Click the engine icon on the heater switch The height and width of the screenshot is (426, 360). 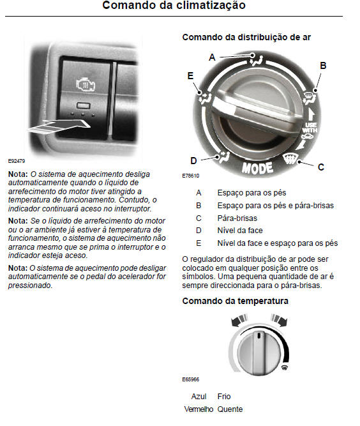86,84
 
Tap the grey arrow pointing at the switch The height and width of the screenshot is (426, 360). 58,126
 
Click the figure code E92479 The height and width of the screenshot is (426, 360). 17,161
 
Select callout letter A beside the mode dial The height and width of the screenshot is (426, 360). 212,57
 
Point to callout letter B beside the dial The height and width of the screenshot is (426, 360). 323,66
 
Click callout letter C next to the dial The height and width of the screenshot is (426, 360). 321,167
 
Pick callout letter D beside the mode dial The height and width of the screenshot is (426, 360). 193,161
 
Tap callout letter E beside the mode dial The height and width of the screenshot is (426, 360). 191,76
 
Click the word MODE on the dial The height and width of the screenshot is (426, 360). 257,168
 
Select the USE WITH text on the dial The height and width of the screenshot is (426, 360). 310,128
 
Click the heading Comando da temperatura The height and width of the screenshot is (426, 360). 235,301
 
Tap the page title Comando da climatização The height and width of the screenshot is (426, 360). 174,5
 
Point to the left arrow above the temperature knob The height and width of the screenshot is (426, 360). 239,320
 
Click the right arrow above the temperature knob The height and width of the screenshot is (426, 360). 279,320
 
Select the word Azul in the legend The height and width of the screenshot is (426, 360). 199,397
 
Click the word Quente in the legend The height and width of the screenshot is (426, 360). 230,409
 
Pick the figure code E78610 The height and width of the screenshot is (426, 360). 191,176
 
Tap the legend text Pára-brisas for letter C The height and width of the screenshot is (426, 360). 237,218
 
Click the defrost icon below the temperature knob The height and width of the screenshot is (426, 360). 285,368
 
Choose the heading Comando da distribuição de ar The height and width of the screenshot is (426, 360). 246,37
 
